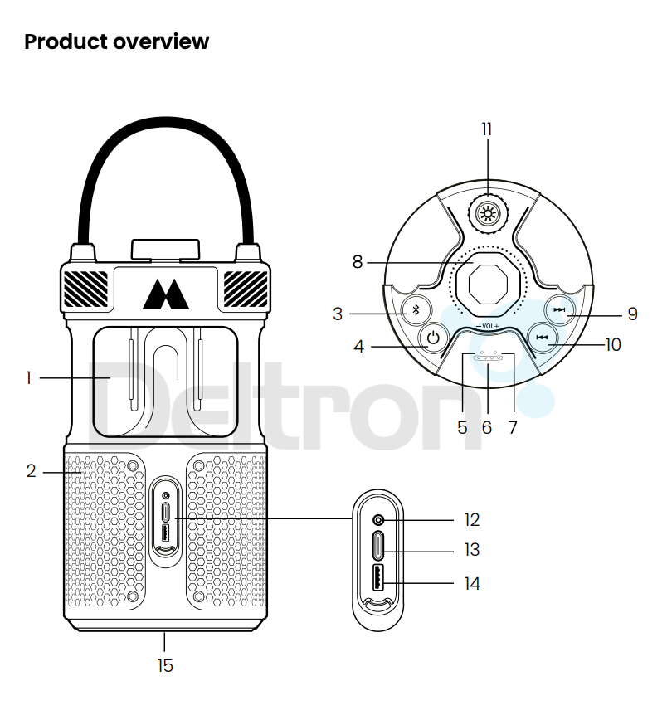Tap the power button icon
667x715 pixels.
432,338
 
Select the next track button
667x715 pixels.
559,310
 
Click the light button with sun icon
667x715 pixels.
487,213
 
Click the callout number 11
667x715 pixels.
487,129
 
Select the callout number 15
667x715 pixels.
165,665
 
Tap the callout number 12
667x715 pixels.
472,520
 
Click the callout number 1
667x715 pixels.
28,378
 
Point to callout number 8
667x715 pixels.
358,262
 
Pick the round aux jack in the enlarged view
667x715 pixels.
379,520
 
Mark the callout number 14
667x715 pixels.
472,584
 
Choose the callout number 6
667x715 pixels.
487,427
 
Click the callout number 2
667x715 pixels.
31,472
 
